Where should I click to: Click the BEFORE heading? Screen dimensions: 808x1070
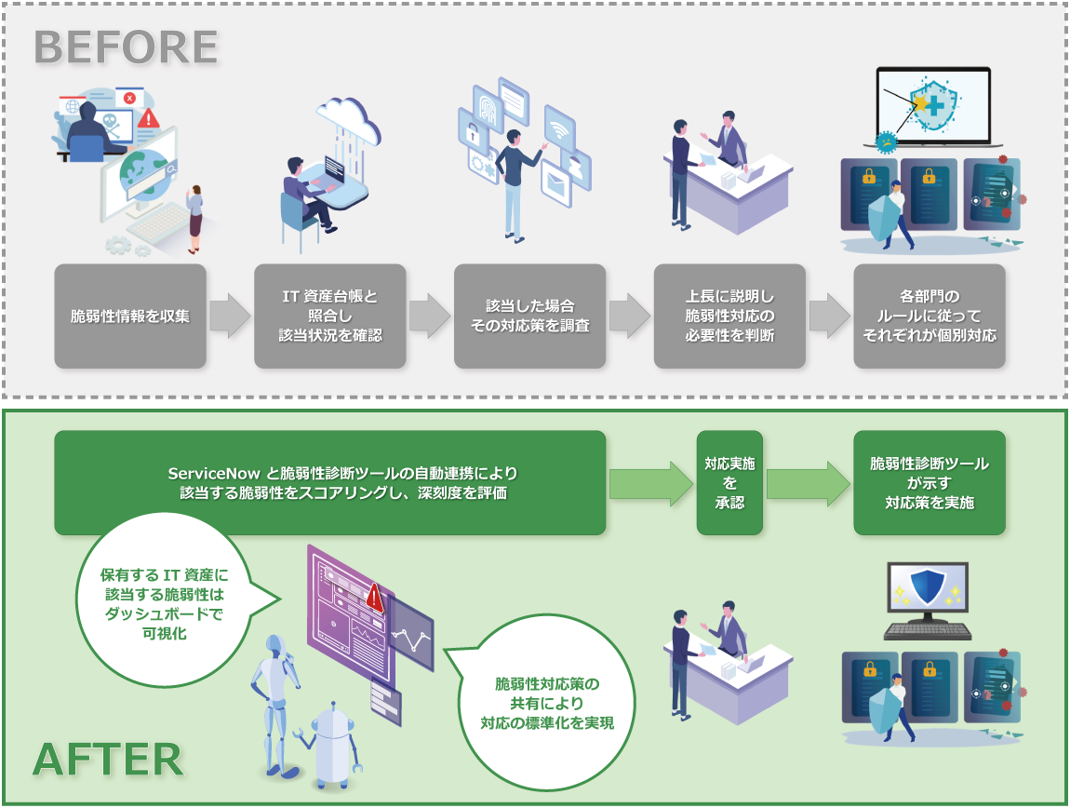tap(126, 47)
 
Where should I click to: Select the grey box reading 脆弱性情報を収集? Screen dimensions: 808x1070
tap(130, 316)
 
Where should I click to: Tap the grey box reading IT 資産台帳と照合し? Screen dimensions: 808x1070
tap(330, 316)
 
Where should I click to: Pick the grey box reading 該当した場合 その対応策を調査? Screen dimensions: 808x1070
tap(529, 316)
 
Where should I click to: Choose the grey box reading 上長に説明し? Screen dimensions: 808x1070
tap(729, 316)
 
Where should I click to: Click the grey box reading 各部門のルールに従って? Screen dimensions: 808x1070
tap(930, 316)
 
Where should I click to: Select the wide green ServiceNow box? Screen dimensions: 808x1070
tap(330, 482)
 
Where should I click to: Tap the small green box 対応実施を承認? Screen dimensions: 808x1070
tap(729, 482)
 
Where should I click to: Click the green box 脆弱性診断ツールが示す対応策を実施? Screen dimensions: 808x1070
tap(930, 482)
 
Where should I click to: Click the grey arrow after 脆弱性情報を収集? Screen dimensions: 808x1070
tap(230, 316)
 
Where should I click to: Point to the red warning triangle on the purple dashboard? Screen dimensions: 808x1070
tap(375, 595)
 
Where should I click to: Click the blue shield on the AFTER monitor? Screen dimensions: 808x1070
tap(926, 588)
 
